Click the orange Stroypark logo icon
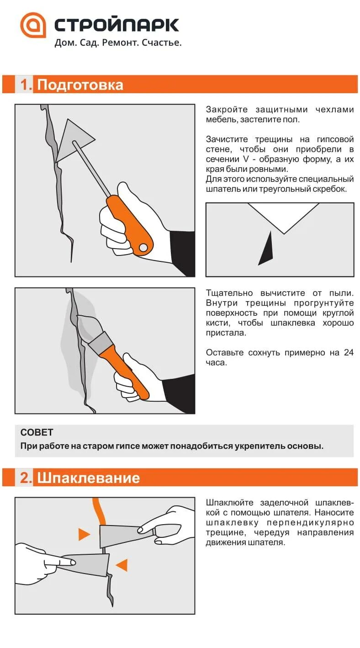pyautogui.click(x=33, y=25)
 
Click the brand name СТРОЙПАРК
pyautogui.click(x=116, y=25)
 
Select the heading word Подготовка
pyautogui.click(x=80, y=85)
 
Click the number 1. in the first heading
pyautogui.click(x=26, y=85)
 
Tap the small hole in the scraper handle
pyautogui.click(x=143, y=247)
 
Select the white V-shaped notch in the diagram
pyautogui.click(x=284, y=215)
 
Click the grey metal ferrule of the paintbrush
pyautogui.click(x=100, y=342)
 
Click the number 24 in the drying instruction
pyautogui.click(x=349, y=352)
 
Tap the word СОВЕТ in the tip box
pyautogui.click(x=37, y=432)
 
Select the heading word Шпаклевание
pyautogui.click(x=88, y=478)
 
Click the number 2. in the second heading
pyautogui.click(x=26, y=478)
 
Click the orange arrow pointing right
pyautogui.click(x=84, y=534)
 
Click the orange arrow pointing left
pyautogui.click(x=122, y=565)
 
